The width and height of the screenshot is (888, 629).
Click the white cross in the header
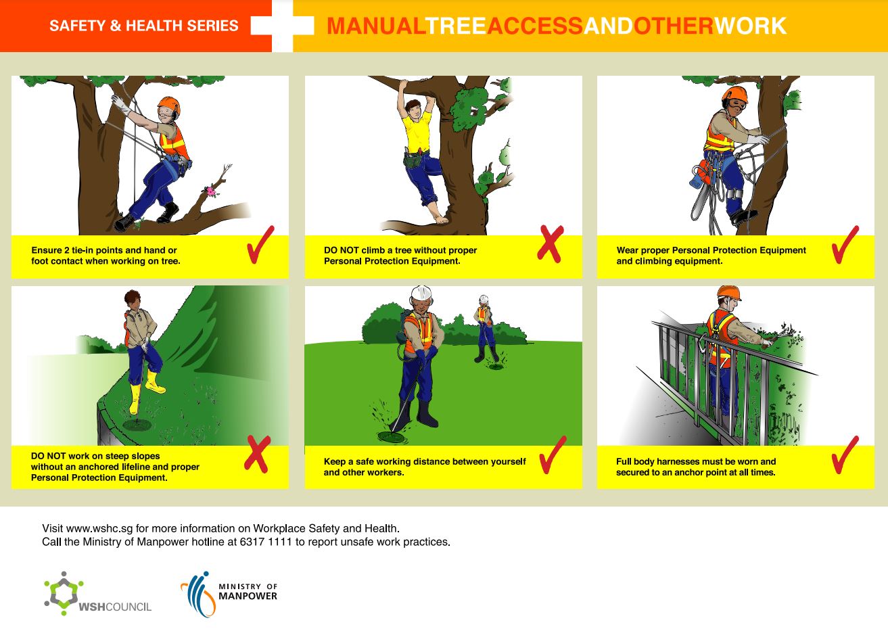tap(283, 26)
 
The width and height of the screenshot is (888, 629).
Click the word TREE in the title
tap(456, 26)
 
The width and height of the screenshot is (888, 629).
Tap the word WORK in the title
tap(750, 26)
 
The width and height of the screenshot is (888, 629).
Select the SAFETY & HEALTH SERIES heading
tap(143, 26)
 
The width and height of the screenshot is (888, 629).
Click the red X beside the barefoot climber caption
tap(550, 244)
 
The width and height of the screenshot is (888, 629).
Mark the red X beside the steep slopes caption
tap(257, 454)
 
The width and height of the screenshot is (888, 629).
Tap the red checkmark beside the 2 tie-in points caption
tap(260, 245)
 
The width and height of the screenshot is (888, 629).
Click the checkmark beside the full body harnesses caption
tap(845, 455)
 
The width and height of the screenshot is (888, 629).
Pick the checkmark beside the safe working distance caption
tap(553, 455)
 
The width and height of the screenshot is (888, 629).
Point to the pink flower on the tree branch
tap(211, 191)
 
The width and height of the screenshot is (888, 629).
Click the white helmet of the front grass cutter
tap(421, 293)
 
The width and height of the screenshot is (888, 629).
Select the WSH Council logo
tap(97, 595)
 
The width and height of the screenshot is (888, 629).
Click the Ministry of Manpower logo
tap(229, 593)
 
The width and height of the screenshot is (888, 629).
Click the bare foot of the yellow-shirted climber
tap(441, 218)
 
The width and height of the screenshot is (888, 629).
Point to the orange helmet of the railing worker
tap(728, 292)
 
